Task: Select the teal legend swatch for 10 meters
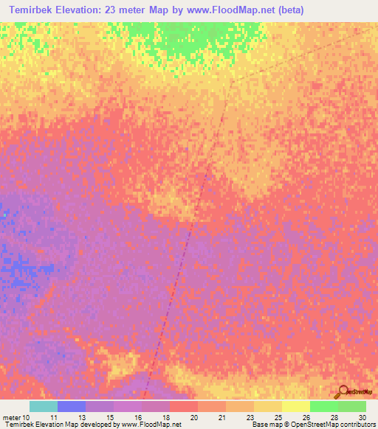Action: [x=44, y=406]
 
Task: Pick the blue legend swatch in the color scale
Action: [x=72, y=406]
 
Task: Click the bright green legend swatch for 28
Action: [x=324, y=406]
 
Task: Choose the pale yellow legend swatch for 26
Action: [x=296, y=406]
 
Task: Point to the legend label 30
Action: [x=362, y=417]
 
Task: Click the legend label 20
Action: [x=193, y=417]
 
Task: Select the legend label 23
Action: [x=250, y=417]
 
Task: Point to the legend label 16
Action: [x=137, y=417]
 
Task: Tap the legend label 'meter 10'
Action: [x=16, y=417]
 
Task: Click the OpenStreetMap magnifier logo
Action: [x=343, y=391]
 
